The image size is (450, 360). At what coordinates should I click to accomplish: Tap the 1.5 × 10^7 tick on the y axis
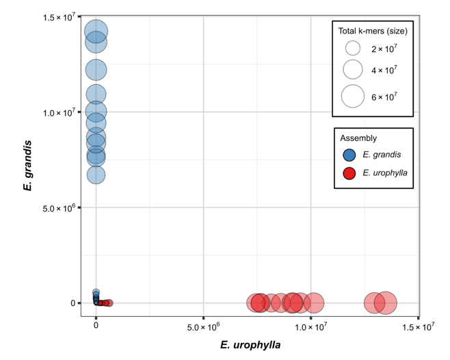(59, 16)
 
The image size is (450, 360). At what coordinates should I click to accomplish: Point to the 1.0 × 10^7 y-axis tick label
(59, 112)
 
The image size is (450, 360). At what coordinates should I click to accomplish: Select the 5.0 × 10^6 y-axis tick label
(59, 207)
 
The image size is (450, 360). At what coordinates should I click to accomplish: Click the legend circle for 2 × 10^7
(353, 49)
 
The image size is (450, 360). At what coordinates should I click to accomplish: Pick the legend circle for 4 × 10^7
(353, 70)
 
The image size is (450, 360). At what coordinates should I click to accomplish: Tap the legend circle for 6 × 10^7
(353, 97)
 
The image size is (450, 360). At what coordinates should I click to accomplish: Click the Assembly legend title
(358, 138)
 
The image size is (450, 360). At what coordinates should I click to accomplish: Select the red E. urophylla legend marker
(349, 173)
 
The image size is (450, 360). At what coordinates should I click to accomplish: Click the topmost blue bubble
(96, 31)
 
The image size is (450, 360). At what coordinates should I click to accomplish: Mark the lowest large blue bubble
(96, 175)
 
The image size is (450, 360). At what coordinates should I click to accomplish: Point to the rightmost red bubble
(386, 302)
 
